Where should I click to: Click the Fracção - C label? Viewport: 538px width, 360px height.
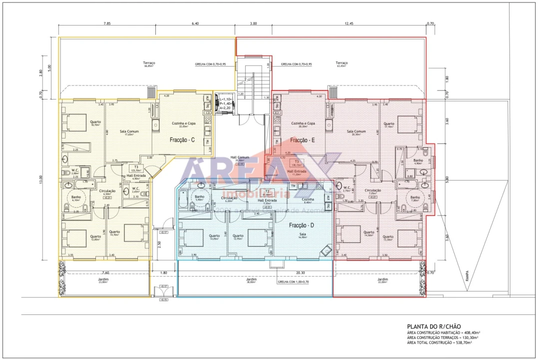pyautogui.click(x=182, y=140)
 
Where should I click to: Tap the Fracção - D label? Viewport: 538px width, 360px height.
pyautogui.click(x=302, y=225)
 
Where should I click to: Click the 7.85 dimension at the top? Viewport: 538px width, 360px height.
pyautogui.click(x=107, y=23)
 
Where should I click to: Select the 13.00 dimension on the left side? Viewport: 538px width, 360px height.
pyautogui.click(x=41, y=179)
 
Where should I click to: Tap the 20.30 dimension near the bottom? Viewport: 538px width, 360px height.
pyautogui.click(x=301, y=273)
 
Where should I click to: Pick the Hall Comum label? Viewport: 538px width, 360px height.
pyautogui.click(x=240, y=157)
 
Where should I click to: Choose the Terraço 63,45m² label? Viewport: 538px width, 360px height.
pyautogui.click(x=342, y=63)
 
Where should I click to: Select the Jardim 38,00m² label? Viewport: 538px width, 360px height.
pyautogui.click(x=251, y=280)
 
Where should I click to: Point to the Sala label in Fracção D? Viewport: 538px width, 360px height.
pyautogui.click(x=302, y=235)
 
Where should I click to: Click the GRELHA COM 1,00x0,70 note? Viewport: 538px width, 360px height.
pyautogui.click(x=294, y=281)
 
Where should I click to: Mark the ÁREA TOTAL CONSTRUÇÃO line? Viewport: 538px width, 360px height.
pyautogui.click(x=440, y=342)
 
